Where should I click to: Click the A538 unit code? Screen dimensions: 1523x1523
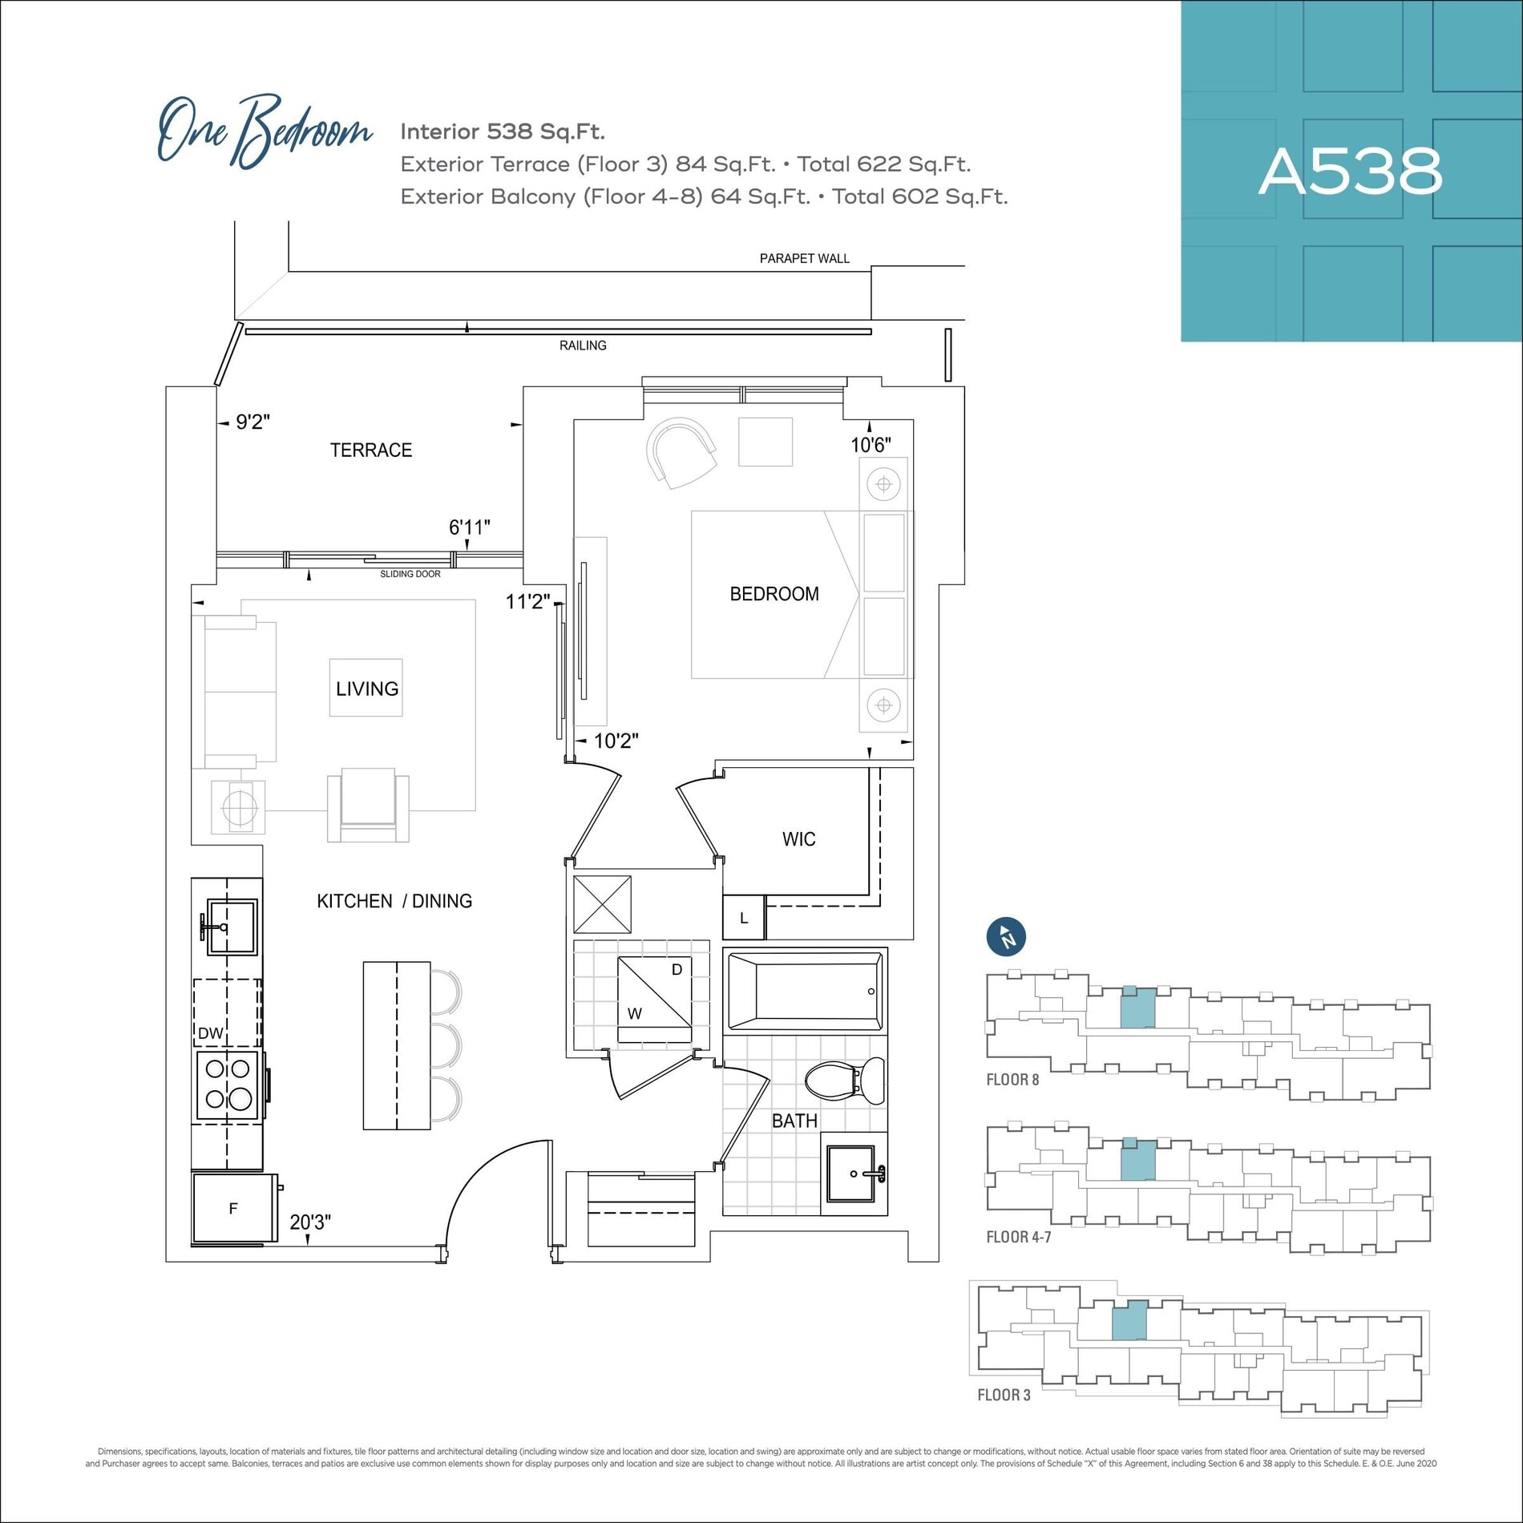coord(1351,171)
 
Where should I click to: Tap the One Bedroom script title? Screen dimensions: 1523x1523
coord(265,130)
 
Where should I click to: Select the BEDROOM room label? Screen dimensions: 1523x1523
coord(774,594)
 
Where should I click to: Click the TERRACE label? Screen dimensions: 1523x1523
coord(371,450)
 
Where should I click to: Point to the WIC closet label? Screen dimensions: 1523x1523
coord(799,839)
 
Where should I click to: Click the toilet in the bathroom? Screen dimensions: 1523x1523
coord(845,1079)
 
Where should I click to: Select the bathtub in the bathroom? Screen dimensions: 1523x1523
coord(805,992)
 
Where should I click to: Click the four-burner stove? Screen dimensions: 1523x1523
coord(229,1084)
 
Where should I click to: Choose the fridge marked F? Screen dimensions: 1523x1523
coord(234,1208)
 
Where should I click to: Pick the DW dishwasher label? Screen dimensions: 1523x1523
coord(211,1033)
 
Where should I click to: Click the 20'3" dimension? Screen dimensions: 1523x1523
coord(310,1222)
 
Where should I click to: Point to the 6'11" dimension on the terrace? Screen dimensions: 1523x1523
coord(469,527)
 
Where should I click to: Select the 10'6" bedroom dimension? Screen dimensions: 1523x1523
coord(871,445)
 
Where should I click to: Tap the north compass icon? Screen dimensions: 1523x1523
coord(1006,936)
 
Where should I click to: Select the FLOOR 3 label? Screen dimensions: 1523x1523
coord(1004,1396)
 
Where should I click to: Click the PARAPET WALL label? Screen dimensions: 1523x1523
coord(805,258)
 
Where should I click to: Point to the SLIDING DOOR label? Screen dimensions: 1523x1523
coord(410,574)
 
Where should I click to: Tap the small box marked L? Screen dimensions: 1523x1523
coord(744,918)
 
